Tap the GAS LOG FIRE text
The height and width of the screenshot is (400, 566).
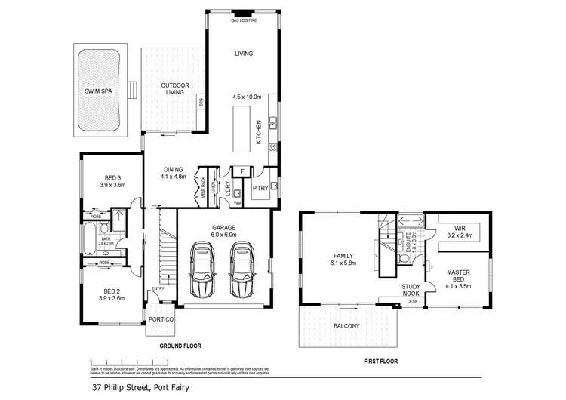[x=243, y=21]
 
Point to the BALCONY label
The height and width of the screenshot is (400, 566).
[x=347, y=326]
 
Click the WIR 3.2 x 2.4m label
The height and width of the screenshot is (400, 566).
[x=459, y=230]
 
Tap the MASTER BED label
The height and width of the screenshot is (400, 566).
[x=458, y=276]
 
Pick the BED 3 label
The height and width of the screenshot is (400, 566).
[x=111, y=180]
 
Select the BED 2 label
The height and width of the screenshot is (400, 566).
[x=111, y=295]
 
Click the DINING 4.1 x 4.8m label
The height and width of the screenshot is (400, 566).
[x=173, y=173]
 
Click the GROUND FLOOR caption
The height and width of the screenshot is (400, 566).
[x=180, y=346]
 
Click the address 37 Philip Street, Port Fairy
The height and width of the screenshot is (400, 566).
[x=140, y=388]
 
